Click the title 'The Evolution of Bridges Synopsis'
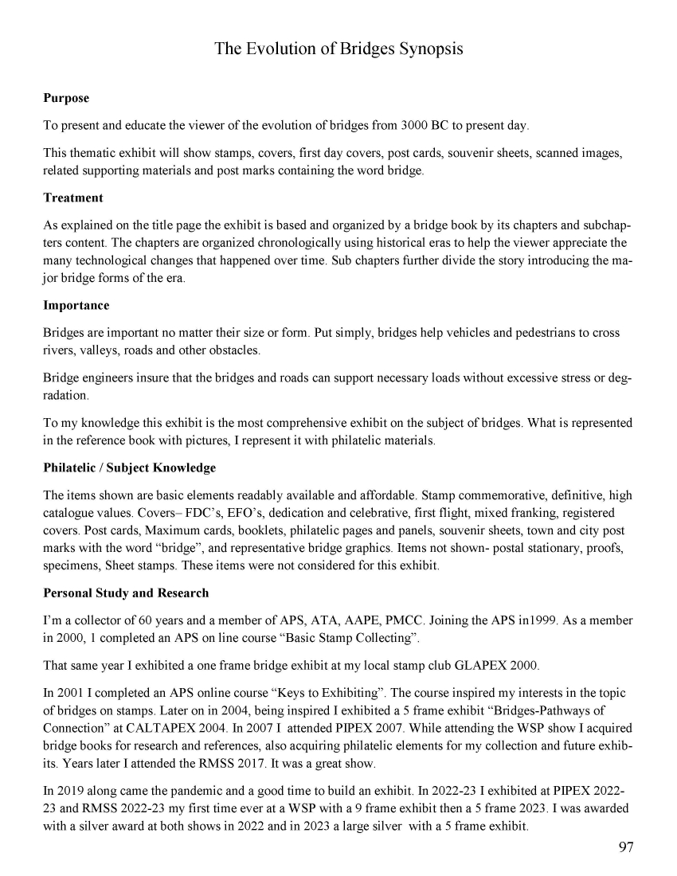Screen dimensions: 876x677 (338, 49)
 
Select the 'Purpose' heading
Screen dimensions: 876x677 (66, 99)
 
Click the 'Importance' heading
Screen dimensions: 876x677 (76, 306)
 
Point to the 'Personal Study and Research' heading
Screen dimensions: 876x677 (126, 592)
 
